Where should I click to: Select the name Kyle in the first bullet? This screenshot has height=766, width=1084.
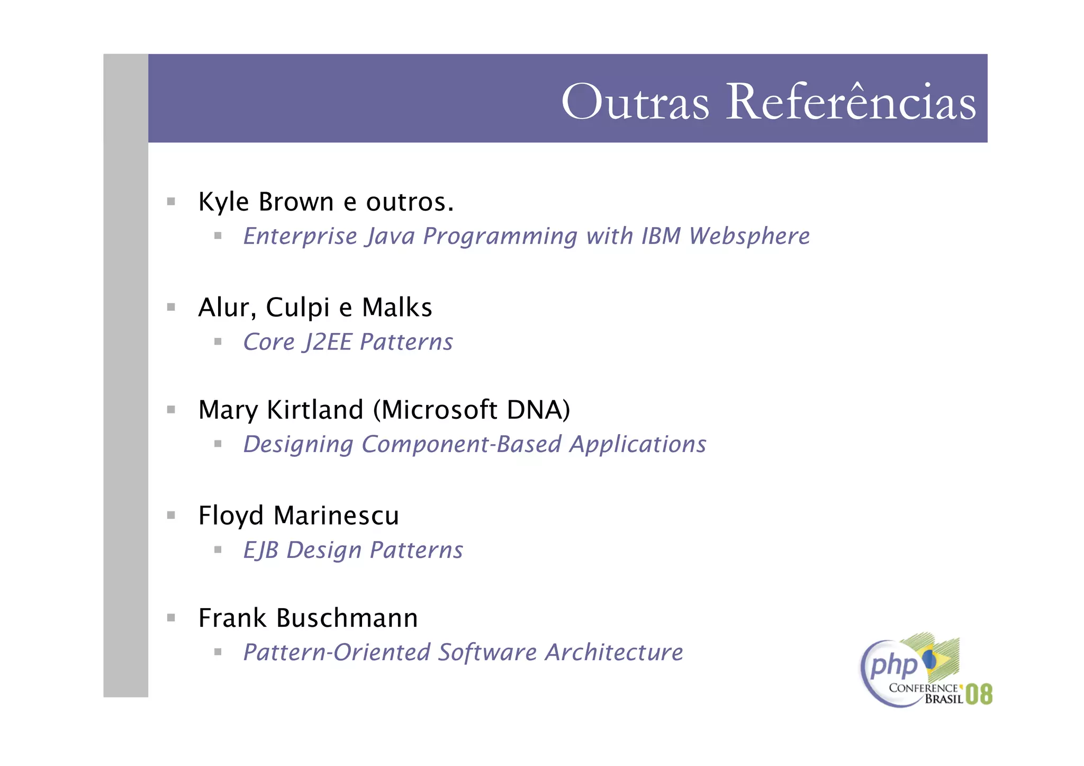point(223,202)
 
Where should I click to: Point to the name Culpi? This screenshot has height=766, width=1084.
point(297,308)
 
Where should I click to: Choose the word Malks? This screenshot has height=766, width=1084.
point(397,308)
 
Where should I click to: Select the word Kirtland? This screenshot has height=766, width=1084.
point(315,410)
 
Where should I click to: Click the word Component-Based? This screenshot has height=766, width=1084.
point(461,444)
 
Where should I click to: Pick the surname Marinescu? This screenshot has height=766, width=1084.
point(336,516)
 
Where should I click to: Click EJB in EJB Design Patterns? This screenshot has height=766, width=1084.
point(260,551)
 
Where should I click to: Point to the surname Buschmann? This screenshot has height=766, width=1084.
point(347,618)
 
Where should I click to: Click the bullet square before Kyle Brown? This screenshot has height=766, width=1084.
point(171,202)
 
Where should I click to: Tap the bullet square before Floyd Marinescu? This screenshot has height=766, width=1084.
point(171,515)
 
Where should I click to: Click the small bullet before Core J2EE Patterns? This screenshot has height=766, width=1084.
point(218,342)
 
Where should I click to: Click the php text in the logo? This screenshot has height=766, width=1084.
point(893,665)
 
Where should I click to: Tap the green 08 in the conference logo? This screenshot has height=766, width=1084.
point(979,694)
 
